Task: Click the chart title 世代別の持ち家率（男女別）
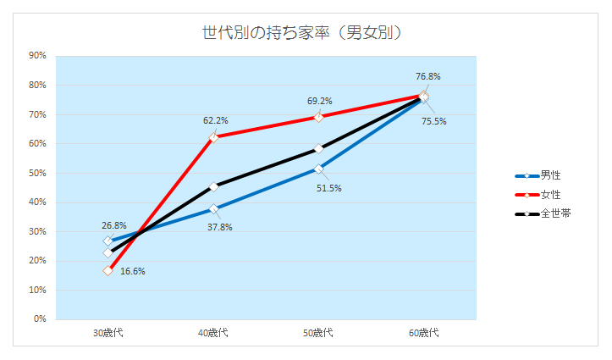pos(301,33)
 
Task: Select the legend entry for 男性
pos(551,175)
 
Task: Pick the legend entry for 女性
pos(551,195)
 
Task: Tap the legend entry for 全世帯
pos(554,213)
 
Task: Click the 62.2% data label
pos(215,121)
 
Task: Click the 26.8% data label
pos(113,226)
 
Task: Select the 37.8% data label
pos(219,227)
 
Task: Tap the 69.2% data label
pos(319,101)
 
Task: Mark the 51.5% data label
pos(329,188)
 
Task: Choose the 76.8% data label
pos(427,76)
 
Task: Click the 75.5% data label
pos(433,121)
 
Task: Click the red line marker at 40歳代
pos(213,137)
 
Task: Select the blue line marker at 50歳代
pos(318,169)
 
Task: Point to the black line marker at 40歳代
pos(213,186)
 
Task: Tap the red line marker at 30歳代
pos(108,270)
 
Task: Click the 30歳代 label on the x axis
pos(108,333)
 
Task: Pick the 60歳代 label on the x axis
pos(423,333)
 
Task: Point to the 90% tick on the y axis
pos(37,56)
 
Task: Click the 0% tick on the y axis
pos(40,319)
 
